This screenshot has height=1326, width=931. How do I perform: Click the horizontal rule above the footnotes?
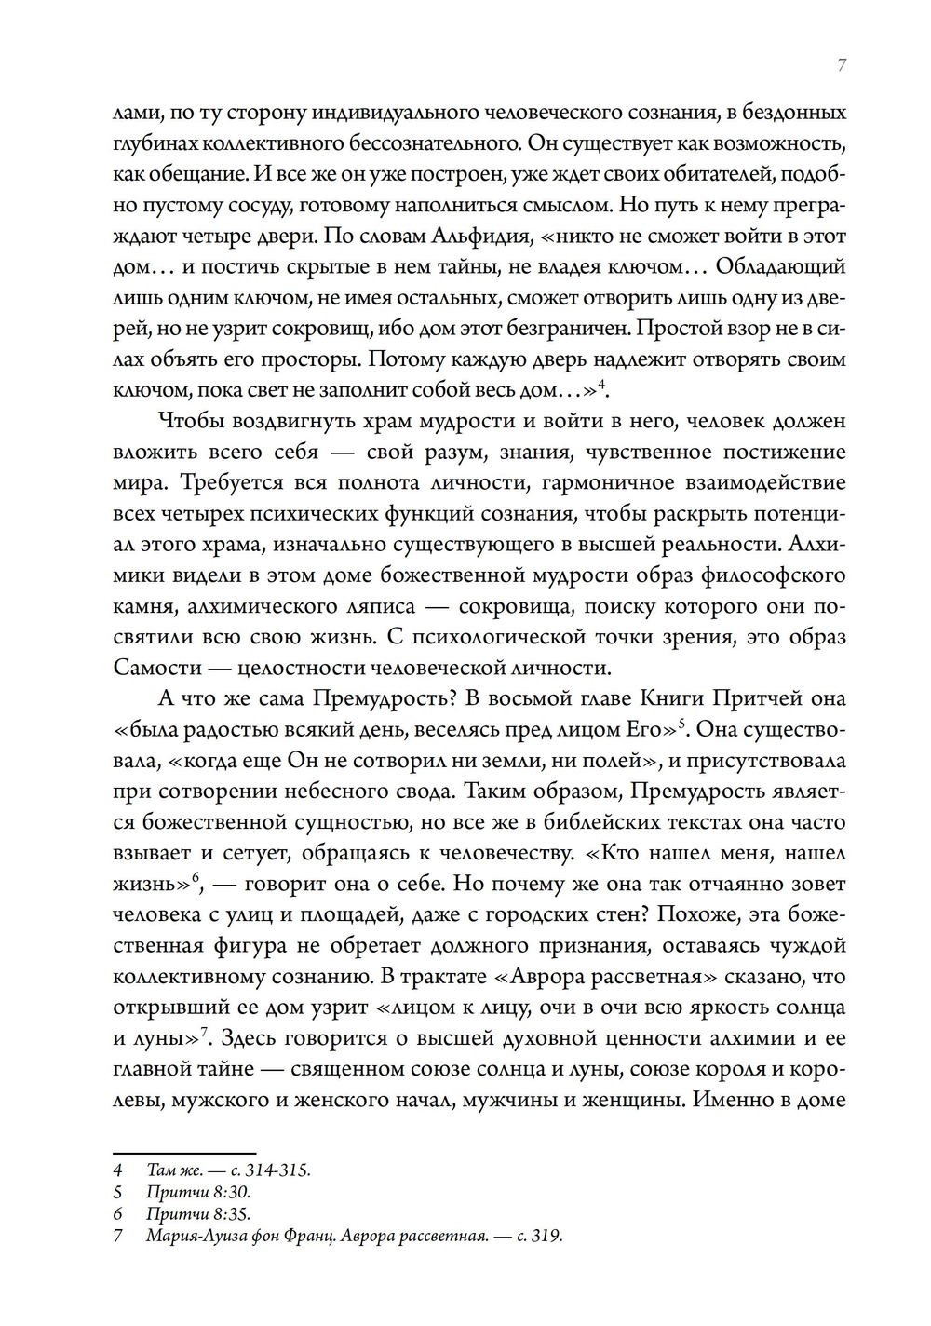pos(183,1152)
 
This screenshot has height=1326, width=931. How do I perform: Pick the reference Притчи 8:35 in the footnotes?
pos(198,1214)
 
